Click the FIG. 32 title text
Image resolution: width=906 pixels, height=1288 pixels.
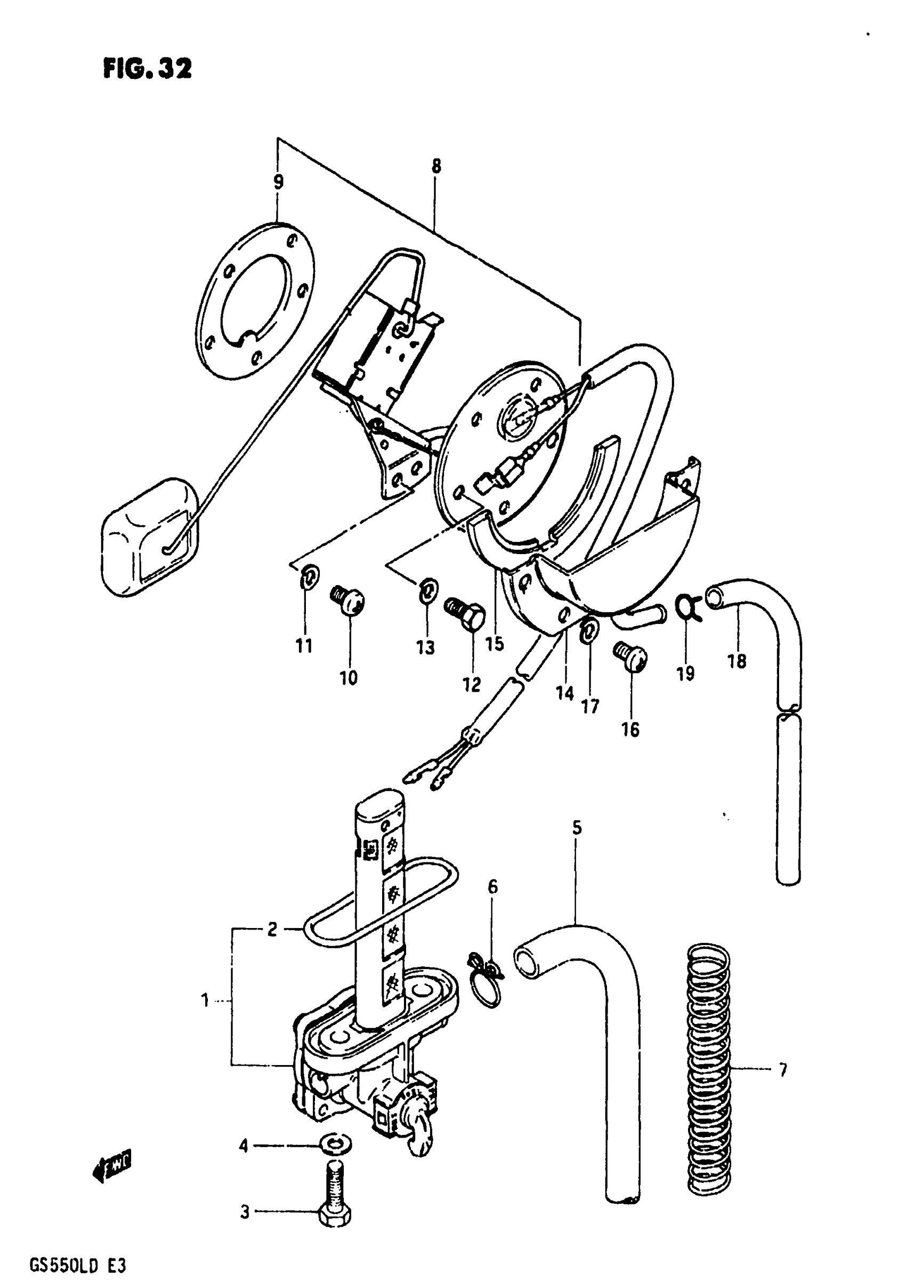click(148, 69)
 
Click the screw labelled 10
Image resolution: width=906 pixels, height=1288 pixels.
click(348, 602)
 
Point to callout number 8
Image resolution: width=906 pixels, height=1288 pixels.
click(436, 166)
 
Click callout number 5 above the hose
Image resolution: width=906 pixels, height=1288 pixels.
click(577, 827)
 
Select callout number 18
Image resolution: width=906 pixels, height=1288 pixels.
click(737, 661)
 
